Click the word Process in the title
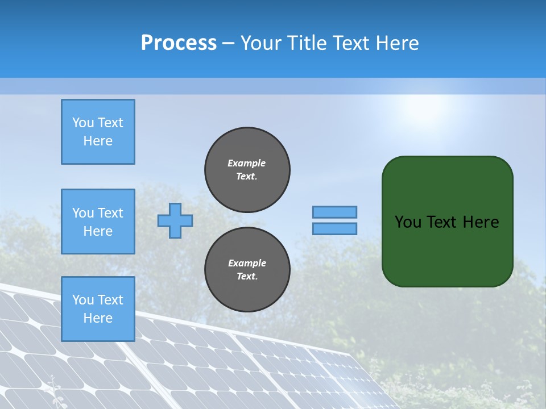point(179,43)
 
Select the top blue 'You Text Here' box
point(98,132)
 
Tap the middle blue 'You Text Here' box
point(98,222)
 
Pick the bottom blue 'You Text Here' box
point(98,308)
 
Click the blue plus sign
point(175,220)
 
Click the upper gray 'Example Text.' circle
point(247,169)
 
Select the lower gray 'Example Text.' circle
point(247,269)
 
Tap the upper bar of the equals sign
point(334,212)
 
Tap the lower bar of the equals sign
point(334,228)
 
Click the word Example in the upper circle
point(247,163)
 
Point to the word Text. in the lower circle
point(247,277)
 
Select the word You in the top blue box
point(83,123)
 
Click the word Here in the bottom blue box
point(98,318)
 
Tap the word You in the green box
point(408,222)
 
